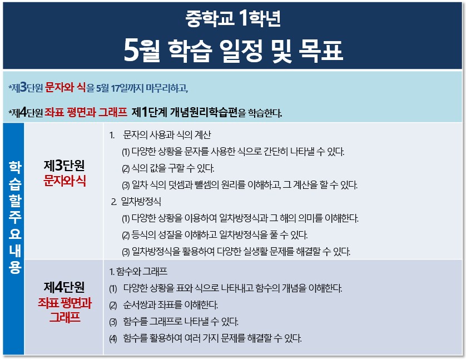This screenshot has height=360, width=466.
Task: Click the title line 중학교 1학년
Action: [x=233, y=18]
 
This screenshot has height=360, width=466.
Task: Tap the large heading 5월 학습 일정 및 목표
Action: [x=234, y=51]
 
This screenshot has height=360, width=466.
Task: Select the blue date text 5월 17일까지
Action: [x=120, y=88]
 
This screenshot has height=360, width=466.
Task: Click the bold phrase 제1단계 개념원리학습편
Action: [x=185, y=112]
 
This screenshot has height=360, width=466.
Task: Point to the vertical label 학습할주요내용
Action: [x=14, y=217]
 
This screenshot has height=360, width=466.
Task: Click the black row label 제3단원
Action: [x=64, y=166]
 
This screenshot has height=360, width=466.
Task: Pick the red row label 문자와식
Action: [x=65, y=181]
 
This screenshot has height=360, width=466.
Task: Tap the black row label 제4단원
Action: [x=64, y=287]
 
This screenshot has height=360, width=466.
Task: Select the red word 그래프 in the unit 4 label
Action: [x=65, y=317]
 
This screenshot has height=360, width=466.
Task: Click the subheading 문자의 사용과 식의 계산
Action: [x=167, y=135]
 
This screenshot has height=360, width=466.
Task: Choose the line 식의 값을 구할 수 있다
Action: [x=168, y=168]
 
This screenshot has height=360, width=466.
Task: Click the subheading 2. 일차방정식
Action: [x=136, y=202]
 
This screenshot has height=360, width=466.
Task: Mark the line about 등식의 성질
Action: [x=215, y=235]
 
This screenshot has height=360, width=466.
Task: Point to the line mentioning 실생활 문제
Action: [x=236, y=252]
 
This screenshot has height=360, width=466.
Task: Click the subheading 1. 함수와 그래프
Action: [x=138, y=272]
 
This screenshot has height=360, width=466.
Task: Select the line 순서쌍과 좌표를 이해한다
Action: [x=163, y=305]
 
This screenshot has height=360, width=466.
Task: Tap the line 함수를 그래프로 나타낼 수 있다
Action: [x=173, y=322]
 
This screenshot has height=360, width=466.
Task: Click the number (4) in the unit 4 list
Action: [x=113, y=339]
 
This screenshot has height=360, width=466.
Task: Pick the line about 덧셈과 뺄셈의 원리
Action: [x=240, y=185]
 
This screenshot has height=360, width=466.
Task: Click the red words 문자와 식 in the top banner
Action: [x=65, y=88]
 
